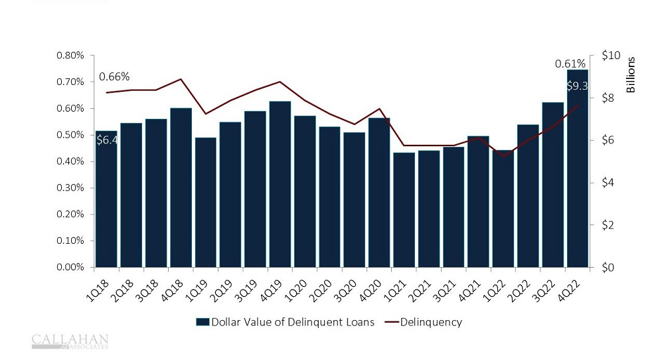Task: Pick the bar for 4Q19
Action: pyautogui.click(x=280, y=186)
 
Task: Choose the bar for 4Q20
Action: pyautogui.click(x=379, y=193)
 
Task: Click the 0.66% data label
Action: pyautogui.click(x=114, y=76)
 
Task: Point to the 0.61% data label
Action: pyautogui.click(x=570, y=64)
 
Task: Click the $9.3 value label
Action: pyautogui.click(x=576, y=86)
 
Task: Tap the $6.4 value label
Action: pyautogui.click(x=107, y=140)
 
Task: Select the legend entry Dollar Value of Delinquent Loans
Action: pyautogui.click(x=286, y=322)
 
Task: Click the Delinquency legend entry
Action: pyautogui.click(x=431, y=322)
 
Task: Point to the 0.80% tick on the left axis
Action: pyautogui.click(x=70, y=55)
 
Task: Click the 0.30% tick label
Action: pyautogui.click(x=70, y=188)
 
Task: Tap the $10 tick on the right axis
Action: pyautogui.click(x=610, y=55)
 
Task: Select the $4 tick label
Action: pyautogui.click(x=607, y=183)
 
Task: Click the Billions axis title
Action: pyautogui.click(x=631, y=74)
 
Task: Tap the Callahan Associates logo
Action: pyautogui.click(x=70, y=341)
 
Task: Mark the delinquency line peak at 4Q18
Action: pyautogui.click(x=181, y=79)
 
